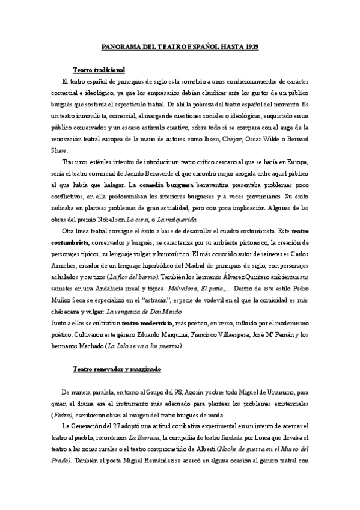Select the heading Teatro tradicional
pos(98,70)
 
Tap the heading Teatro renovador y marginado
pos(117,367)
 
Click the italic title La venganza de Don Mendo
pos(141,312)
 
